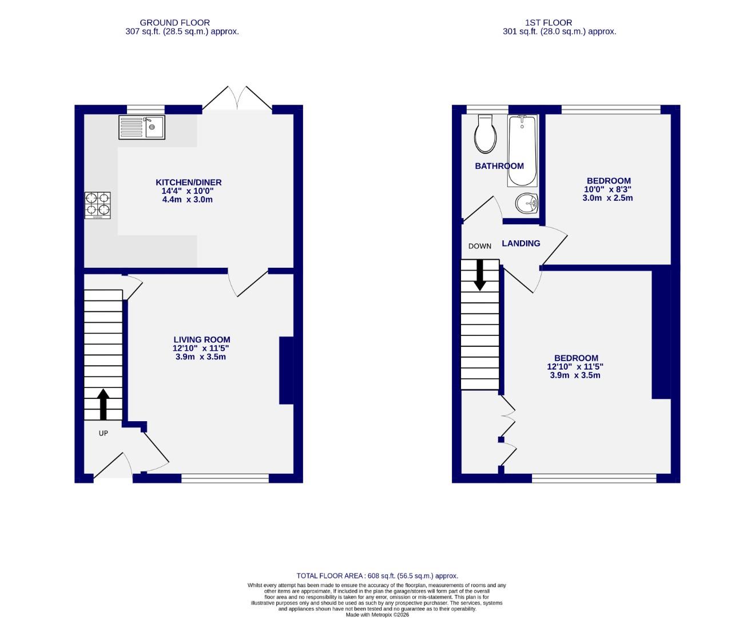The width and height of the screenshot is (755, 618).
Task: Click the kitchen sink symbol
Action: tap(141, 127)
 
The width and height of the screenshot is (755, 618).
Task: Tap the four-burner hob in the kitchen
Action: tap(98, 205)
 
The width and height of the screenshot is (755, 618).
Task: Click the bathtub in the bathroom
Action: tap(521, 151)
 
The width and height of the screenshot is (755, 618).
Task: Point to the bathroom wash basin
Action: tap(527, 203)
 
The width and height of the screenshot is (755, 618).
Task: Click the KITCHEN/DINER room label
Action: tap(189, 183)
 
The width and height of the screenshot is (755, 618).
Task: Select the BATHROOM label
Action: tap(499, 166)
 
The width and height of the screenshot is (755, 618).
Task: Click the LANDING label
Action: tap(520, 243)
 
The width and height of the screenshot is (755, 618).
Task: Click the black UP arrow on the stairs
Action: tap(103, 405)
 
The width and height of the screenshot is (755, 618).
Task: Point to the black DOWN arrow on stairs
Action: tap(479, 274)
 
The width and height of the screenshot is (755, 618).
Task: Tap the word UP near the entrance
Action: tap(103, 433)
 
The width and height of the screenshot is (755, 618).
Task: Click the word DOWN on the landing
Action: tap(479, 246)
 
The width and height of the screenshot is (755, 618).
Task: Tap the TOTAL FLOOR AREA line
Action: tap(377, 576)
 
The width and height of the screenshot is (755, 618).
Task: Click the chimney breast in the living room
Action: tap(286, 371)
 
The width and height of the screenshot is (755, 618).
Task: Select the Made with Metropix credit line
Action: tap(377, 615)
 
